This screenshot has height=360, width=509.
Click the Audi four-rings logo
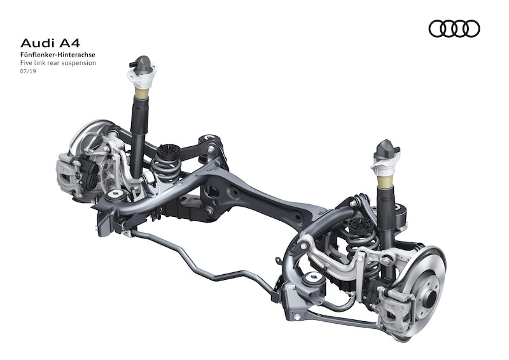454,29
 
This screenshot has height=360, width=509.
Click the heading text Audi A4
50,43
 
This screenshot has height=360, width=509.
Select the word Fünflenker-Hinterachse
58,55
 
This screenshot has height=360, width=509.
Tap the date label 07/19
28,71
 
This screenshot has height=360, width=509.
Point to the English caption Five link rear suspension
58,63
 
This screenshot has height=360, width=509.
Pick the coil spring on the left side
166,165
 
